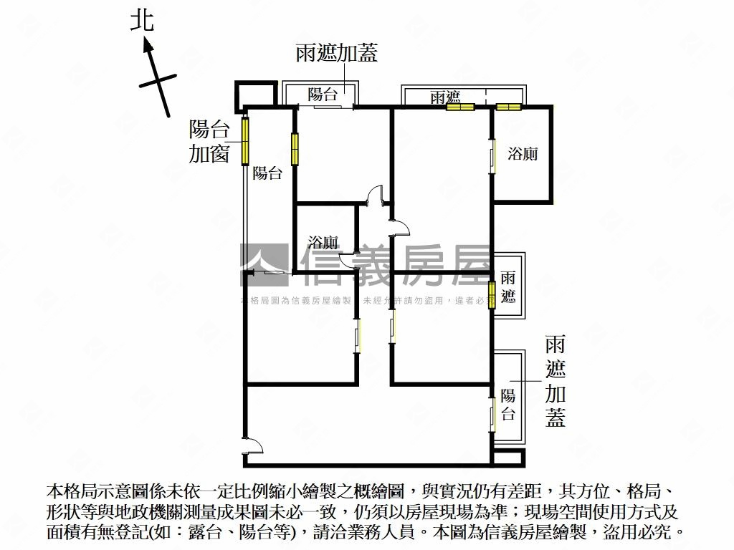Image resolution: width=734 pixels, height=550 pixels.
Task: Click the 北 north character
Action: point(142,19)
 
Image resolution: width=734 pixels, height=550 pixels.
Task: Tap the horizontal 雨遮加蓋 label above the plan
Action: point(336,54)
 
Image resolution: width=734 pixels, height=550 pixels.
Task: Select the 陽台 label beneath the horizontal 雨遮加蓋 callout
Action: point(322,95)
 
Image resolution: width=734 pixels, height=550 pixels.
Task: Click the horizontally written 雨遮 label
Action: point(444,97)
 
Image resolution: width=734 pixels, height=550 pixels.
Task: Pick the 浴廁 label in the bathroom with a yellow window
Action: point(523,153)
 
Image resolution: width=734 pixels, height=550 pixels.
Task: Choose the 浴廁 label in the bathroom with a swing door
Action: point(323,242)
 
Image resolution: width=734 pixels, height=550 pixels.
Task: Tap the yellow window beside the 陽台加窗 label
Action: point(245,140)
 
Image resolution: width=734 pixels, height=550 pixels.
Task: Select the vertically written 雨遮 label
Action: point(508,286)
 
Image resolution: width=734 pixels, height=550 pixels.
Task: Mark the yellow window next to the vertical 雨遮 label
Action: point(492,295)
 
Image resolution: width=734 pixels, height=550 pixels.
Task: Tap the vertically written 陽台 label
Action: point(508,404)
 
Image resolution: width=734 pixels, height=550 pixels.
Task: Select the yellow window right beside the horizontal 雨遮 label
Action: point(460,107)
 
